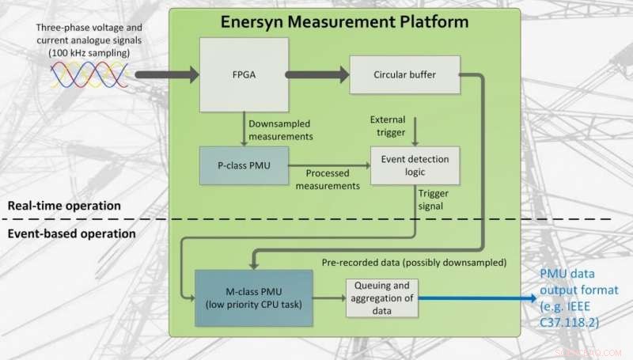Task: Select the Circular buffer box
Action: pyautogui.click(x=404, y=76)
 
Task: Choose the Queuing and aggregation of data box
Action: pyautogui.click(x=381, y=297)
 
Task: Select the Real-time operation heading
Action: pyautogui.click(x=63, y=206)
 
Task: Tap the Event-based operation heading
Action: pyautogui.click(x=71, y=233)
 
